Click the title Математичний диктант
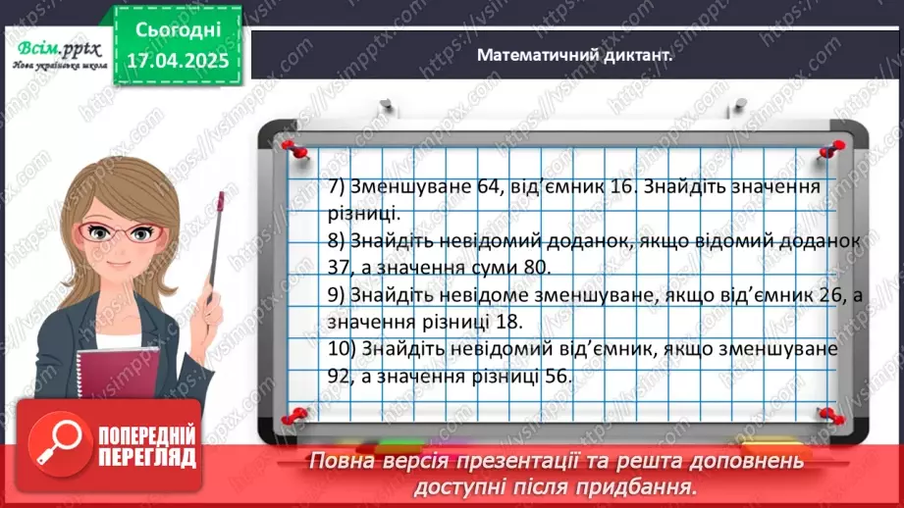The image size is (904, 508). coord(575,56)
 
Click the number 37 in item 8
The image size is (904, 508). coord(346,266)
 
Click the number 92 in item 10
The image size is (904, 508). coord(346,375)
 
